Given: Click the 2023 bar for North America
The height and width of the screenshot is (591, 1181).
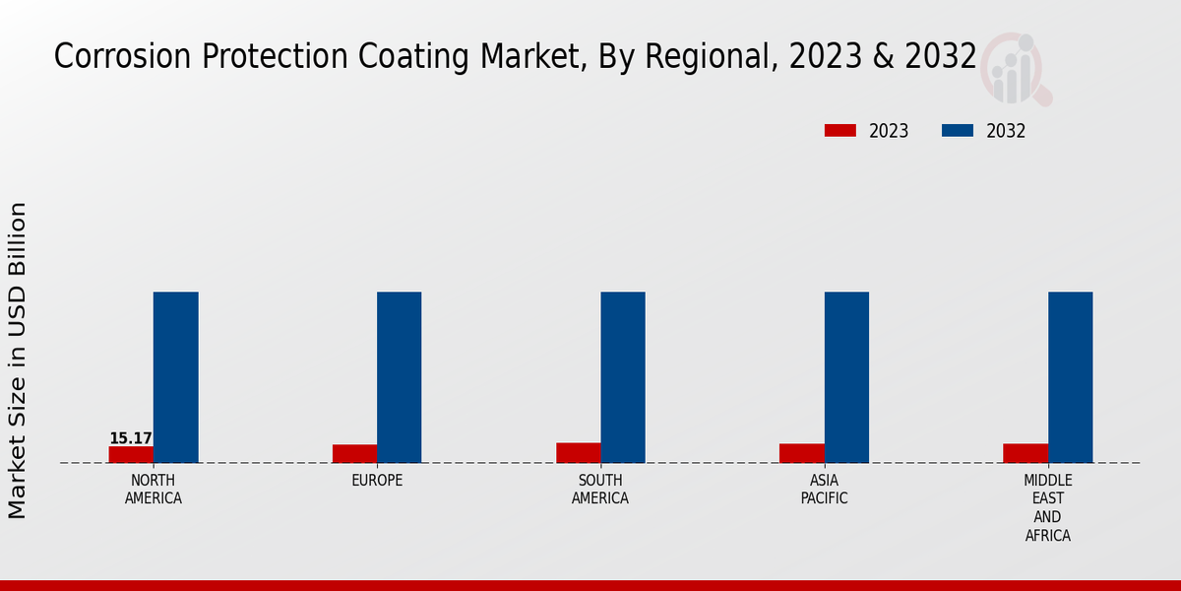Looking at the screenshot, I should [131, 454].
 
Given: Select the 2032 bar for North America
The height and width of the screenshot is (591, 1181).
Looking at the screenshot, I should [175, 377].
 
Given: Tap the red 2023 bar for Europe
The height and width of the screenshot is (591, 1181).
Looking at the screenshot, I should [354, 453].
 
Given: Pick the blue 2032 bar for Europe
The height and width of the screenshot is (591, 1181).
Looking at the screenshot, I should [399, 377].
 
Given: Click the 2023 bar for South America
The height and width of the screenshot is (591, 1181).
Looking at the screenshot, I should [578, 452].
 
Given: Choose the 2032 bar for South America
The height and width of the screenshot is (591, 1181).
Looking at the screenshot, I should [623, 377].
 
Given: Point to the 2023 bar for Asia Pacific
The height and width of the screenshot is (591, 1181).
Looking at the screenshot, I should [801, 453].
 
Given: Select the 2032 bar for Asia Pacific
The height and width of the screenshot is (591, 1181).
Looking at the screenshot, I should [846, 377].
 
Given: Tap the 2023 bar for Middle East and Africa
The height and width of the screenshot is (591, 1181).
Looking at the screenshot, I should [1025, 453].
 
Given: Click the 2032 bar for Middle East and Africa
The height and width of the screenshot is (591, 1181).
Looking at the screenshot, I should [1070, 377].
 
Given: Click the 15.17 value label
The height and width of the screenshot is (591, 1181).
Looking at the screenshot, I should [131, 438].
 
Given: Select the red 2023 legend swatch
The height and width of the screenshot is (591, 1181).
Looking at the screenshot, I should [840, 131].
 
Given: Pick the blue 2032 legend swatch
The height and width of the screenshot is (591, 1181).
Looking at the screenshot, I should [958, 131].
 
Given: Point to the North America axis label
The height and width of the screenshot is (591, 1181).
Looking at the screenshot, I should [154, 490].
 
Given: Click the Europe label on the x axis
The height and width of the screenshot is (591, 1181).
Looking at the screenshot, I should [377, 481].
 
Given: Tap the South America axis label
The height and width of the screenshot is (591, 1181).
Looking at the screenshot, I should [600, 490].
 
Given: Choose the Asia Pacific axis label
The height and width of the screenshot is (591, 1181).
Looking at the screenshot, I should [825, 490].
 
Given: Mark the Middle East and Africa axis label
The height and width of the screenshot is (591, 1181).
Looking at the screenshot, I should [1047, 508].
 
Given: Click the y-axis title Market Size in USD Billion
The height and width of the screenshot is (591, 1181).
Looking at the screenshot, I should [18, 361].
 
